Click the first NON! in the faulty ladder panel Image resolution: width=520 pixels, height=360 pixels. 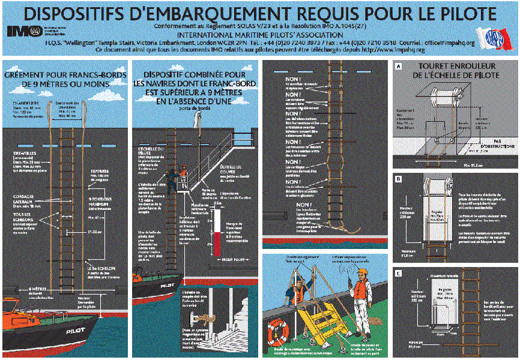click(x=292, y=80)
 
